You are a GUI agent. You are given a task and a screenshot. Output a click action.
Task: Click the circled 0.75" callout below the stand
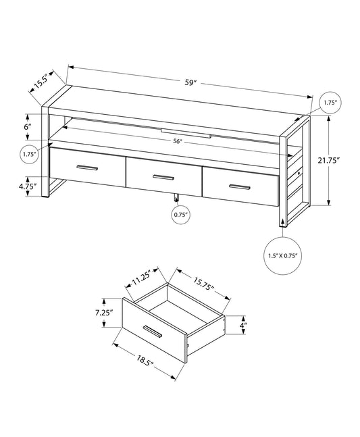pos(178,215)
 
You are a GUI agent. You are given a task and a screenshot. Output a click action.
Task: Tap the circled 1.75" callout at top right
pos(330,102)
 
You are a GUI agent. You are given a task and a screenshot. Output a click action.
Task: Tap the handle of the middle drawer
pos(163,177)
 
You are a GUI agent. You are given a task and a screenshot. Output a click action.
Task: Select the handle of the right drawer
pos(240,186)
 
